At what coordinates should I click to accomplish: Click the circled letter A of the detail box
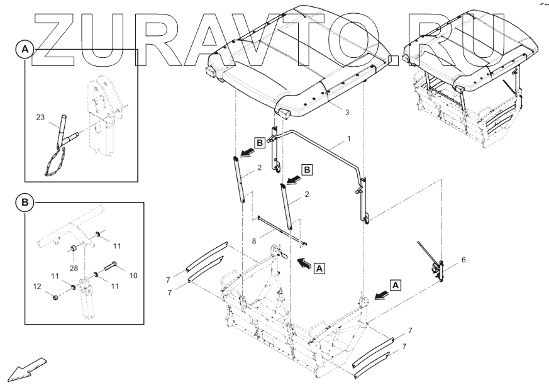pyautogui.click(x=25, y=50)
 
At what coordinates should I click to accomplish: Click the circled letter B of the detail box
pyautogui.click(x=25, y=203)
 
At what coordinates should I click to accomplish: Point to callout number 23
pyautogui.click(x=41, y=117)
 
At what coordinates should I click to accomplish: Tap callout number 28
pyautogui.click(x=74, y=269)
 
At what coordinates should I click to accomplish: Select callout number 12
pyautogui.click(x=38, y=286)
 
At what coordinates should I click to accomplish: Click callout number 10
pyautogui.click(x=133, y=276)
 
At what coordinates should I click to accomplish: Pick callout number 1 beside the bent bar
pyautogui.click(x=348, y=139)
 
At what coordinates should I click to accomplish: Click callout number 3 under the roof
pyautogui.click(x=347, y=113)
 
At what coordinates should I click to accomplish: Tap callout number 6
pyautogui.click(x=463, y=260)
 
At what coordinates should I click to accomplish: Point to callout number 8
pyautogui.click(x=254, y=242)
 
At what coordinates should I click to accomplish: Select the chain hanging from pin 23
pyautogui.click(x=55, y=162)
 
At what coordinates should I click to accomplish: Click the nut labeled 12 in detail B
pyautogui.click(x=55, y=298)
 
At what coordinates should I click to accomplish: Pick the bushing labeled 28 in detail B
pyautogui.click(x=74, y=248)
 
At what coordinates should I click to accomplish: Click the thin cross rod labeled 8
pyautogui.click(x=282, y=230)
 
